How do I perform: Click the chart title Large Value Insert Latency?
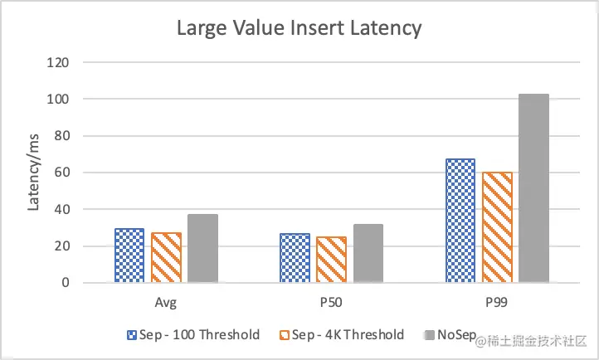[x=299, y=28]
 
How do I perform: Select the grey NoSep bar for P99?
[x=533, y=188]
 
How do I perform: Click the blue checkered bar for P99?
[x=460, y=221]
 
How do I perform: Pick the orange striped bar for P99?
[x=498, y=227]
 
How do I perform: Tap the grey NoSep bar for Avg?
[x=202, y=248]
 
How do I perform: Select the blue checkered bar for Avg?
[x=129, y=255]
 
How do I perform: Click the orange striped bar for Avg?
[x=166, y=258]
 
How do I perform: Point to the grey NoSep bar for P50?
[x=368, y=253]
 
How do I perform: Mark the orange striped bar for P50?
[x=332, y=260]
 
